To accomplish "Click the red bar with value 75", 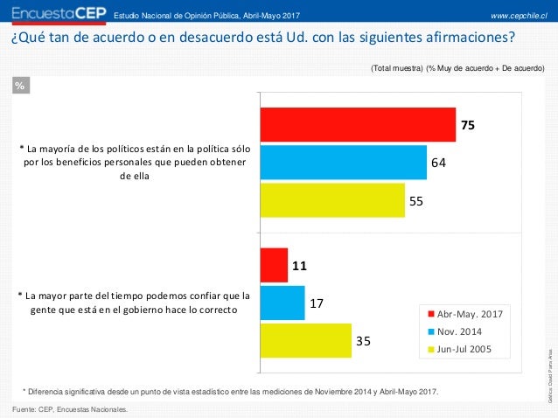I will pos(358,125).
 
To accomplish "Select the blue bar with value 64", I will pos(343,162).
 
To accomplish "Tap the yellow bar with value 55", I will pos(332,200).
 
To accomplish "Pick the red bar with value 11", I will pos(274,265).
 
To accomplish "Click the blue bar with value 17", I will pos(282,303).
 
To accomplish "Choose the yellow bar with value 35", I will pos(303,341).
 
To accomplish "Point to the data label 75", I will pos(468,125).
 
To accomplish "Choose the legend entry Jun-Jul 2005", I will pos(463,349).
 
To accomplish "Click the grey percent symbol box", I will pos(21,85).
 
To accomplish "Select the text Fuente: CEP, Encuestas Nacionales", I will pos(69,408).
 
